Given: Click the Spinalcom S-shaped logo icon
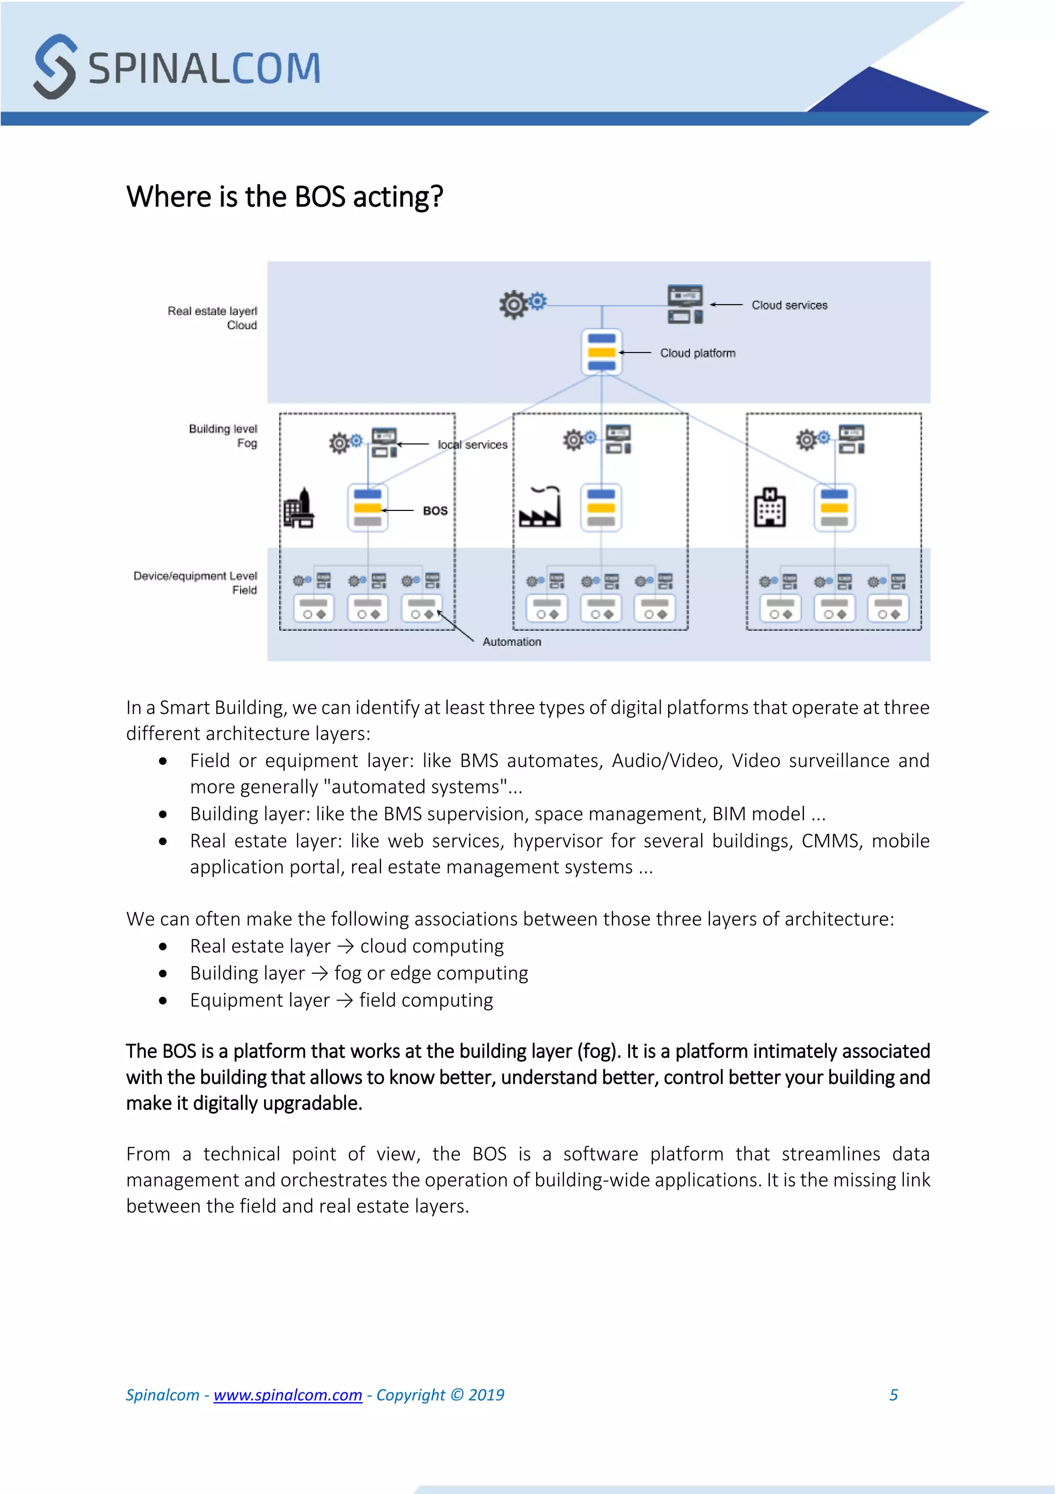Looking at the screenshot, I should coord(55,67).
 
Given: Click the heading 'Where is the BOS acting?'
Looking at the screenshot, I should coord(284,196).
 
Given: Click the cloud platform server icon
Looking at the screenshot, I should coord(601,352).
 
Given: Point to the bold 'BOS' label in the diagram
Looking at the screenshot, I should coord(435,511).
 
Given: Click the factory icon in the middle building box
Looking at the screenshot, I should coord(539,508).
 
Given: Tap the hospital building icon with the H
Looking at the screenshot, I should coord(769,508).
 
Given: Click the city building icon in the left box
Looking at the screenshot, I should coord(299,509).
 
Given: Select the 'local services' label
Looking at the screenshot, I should coord(472,445).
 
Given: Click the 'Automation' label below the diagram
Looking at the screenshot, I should coord(511,642).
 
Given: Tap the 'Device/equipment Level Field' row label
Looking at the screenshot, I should coord(196,583).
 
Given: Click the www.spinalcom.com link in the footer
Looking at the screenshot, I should coord(288,1395).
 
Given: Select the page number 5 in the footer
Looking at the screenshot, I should coord(894,1395).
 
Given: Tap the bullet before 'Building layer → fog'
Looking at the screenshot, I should coord(162,973).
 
